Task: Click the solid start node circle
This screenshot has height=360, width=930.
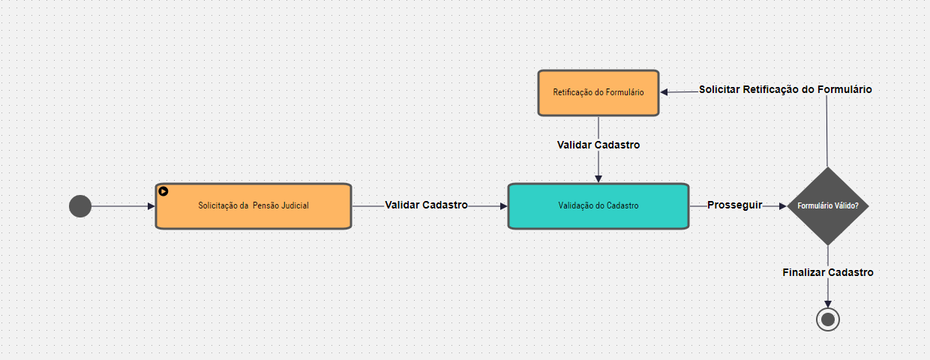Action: (79, 205)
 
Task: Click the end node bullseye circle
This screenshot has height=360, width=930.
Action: (828, 319)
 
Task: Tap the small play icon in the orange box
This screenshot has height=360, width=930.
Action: (163, 191)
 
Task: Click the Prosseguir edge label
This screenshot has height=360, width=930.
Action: (735, 205)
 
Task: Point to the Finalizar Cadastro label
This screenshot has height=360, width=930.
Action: (828, 272)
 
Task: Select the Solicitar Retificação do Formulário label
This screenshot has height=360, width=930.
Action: (785, 89)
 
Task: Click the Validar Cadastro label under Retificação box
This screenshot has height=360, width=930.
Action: (598, 145)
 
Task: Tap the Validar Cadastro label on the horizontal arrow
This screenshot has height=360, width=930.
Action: (427, 205)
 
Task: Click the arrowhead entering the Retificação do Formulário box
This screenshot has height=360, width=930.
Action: (664, 92)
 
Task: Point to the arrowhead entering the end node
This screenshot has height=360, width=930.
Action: (828, 302)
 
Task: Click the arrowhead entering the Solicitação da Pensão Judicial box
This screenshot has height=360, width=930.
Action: (151, 205)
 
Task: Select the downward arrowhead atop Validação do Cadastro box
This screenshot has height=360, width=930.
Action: (598, 178)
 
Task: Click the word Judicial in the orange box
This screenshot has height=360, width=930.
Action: (292, 205)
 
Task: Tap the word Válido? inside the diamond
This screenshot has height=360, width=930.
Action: (845, 205)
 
